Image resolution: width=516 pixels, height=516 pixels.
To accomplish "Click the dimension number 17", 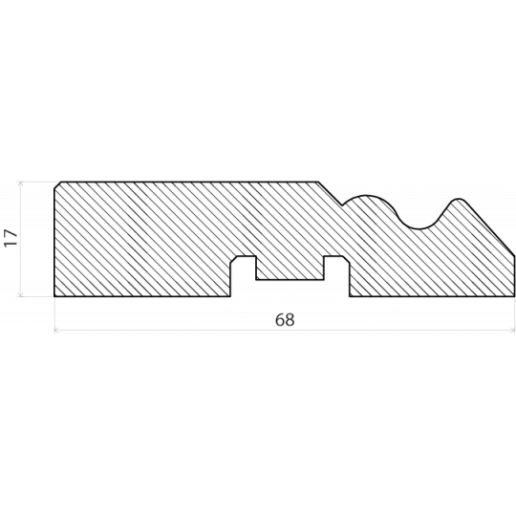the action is pos(11,238).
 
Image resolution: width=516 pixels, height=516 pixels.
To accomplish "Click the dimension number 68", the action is pos(285,319).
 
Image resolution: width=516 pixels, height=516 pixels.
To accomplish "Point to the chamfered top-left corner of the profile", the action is pos(58,185).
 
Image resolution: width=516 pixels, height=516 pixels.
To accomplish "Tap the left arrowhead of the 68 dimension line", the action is pos(56,329).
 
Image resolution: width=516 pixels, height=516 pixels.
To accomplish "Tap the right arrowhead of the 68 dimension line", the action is pos(513,329).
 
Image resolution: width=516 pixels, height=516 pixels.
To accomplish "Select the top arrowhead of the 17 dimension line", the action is pos(20,183).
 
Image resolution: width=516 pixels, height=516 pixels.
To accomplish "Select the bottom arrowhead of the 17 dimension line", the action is pos(20,294).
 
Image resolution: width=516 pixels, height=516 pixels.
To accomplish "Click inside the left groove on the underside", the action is pos(244,276).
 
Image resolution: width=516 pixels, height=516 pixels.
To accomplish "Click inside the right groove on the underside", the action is pos(336,276).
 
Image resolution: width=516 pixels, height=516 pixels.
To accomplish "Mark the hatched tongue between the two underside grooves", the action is pos(290,268).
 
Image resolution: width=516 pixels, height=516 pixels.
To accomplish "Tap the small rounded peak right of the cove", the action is pos(458,200).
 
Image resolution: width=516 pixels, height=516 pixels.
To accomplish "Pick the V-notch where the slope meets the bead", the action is pos(343,205).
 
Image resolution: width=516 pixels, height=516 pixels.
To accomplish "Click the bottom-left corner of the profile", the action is pos(54,296).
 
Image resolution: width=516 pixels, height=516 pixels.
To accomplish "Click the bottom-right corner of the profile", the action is pos(514,296).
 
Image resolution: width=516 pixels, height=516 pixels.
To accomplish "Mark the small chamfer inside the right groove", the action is pos(346,260).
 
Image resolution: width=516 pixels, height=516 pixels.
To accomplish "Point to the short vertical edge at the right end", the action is pos(514,276).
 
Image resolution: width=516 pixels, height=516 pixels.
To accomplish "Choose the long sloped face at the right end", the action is pos(489,228).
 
